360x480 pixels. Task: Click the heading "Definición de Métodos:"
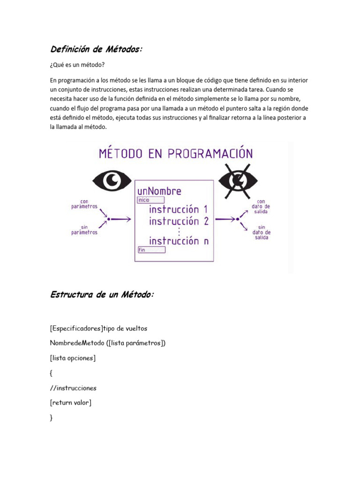pos(95,49)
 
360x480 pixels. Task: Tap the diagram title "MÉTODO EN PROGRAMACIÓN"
pos(176,154)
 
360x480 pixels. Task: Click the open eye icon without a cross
pos(112,180)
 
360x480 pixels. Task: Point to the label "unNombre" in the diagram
pos(159,191)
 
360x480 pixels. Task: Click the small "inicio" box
pos(151,200)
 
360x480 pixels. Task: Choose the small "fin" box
pos(151,250)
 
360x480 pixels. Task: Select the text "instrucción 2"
pos(179,222)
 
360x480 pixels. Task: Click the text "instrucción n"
pos(179,241)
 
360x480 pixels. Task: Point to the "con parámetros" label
pos(84,204)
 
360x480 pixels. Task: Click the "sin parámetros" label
pos(84,230)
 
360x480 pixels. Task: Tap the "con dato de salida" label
pos(261,207)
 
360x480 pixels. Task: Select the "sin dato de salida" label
pos(261,232)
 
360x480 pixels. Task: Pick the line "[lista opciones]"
pos(73,358)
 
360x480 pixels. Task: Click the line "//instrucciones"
pos(73,388)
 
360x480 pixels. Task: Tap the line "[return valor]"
pos(70,403)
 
